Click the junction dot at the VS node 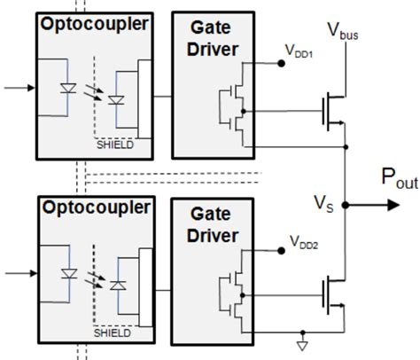click(345, 205)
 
